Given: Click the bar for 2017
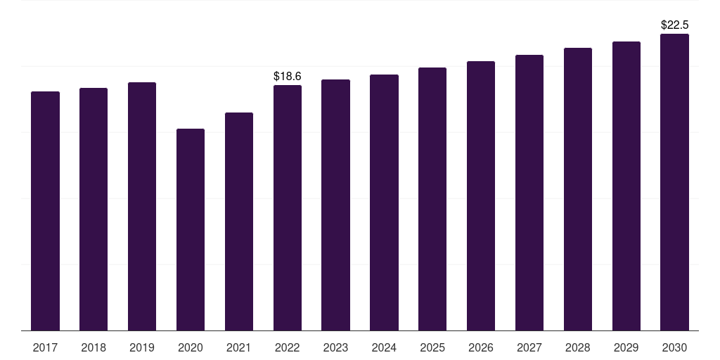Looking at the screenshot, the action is (45, 211).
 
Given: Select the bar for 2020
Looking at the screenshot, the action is (191, 230).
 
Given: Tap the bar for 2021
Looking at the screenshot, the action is (239, 221).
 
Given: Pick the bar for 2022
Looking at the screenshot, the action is (288, 207).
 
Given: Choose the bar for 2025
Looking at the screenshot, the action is (432, 199).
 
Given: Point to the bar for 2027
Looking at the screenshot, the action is (529, 193).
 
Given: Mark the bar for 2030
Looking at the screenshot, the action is (674, 182).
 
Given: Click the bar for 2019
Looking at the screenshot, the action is (142, 206).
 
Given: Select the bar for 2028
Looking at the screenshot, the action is (578, 189).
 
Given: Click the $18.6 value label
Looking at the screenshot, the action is (288, 76).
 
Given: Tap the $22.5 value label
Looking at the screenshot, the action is (674, 25).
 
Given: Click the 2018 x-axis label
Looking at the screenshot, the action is (94, 347).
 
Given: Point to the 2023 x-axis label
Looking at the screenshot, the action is (335, 347).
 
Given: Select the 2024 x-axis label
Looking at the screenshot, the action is (384, 347).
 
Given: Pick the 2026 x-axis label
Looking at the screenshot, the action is (481, 347).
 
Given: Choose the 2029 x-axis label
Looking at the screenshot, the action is (626, 347).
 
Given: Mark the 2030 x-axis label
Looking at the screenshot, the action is (674, 347).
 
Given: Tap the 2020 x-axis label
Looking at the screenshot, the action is (191, 347).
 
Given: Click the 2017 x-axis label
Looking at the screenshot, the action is (45, 347).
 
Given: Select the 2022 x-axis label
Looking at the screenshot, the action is (288, 347).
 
